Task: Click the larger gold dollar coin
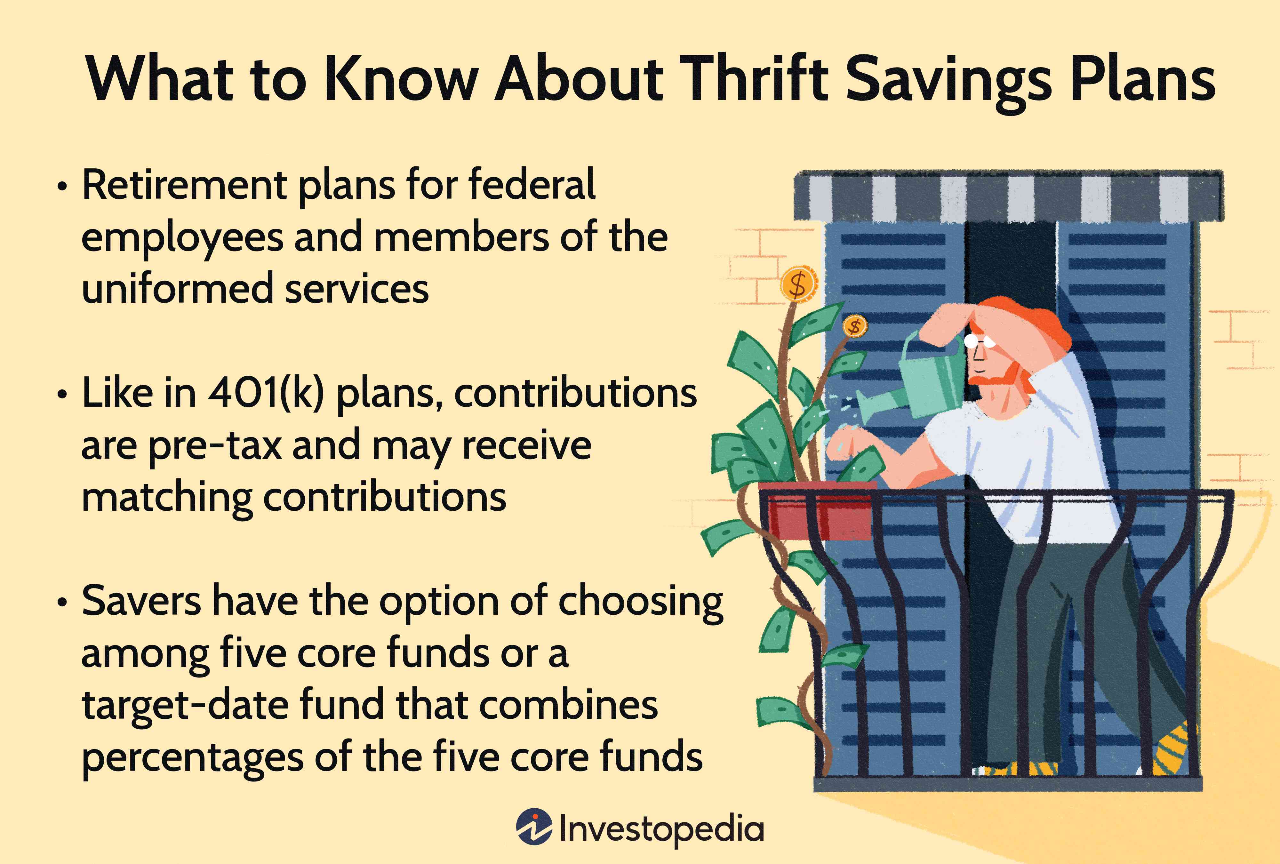(x=798, y=284)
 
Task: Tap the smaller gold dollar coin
(x=854, y=326)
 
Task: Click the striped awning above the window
(x=1008, y=196)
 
